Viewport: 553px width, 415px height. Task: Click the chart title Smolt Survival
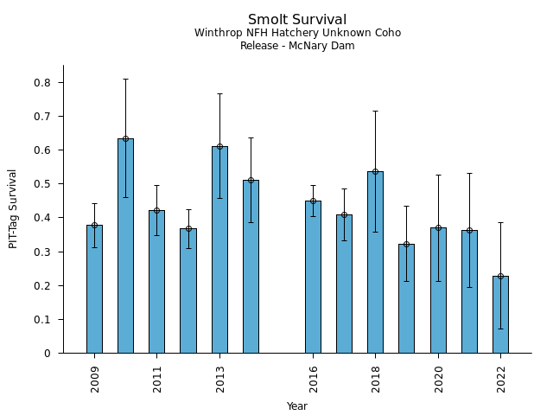297,20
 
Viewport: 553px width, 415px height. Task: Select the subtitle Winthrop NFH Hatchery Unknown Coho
297,33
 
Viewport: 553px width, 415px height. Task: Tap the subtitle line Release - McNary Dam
297,46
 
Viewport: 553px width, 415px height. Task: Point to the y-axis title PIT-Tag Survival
13,208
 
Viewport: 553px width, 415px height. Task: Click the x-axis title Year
297,406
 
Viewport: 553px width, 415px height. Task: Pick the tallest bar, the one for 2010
125,246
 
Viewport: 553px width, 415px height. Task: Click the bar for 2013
219,250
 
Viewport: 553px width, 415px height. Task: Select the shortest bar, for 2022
500,315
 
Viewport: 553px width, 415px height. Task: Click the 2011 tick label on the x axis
157,379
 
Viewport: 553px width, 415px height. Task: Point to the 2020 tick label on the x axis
438,379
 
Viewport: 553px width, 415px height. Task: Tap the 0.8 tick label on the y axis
43,83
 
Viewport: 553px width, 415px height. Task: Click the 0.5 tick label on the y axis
43,184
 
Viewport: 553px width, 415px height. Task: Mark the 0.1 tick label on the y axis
43,320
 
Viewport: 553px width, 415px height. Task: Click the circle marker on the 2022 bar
500,276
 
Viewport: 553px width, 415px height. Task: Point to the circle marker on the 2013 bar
219,146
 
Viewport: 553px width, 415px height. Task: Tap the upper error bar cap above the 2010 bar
125,79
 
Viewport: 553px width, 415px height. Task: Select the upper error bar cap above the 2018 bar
375,111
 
